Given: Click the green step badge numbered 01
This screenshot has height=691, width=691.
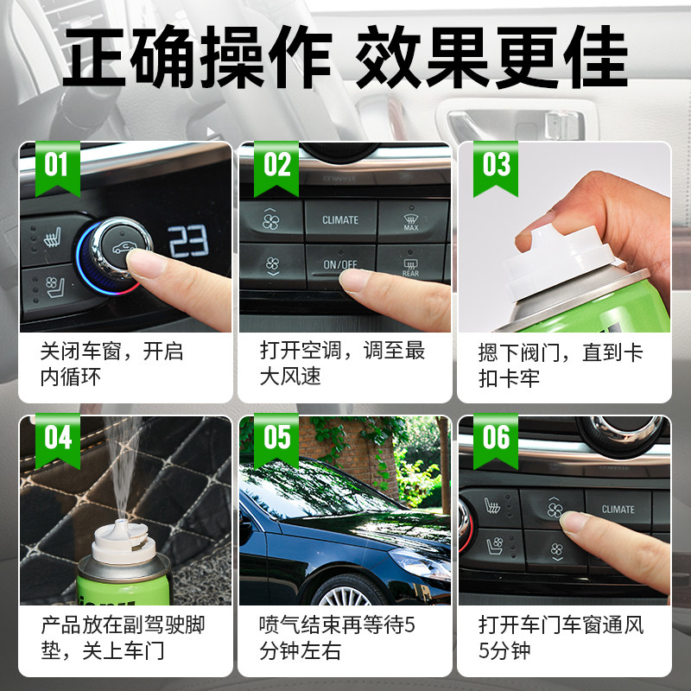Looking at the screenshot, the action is (57, 168).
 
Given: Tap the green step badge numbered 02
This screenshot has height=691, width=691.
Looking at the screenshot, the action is (276, 168).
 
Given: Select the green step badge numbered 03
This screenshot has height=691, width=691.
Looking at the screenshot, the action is (496, 168).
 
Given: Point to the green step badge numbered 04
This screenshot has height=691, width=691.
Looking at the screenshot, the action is (57, 441).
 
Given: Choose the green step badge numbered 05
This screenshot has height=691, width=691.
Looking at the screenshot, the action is (276, 441).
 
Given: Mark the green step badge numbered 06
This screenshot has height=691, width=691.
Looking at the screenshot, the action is (496, 441).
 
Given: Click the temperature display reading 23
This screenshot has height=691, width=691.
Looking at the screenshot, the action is (188, 241).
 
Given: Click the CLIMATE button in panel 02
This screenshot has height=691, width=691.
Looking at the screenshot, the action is (340, 220).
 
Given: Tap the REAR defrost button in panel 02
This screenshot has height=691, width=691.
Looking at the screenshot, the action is (411, 265).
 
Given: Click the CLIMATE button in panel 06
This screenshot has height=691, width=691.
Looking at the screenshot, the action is (618, 510).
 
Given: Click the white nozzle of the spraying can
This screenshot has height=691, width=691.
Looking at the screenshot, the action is (123, 542).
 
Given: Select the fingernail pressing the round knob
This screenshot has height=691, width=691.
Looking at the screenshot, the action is (140, 263).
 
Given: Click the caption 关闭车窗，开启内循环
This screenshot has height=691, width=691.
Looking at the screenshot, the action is (111, 365).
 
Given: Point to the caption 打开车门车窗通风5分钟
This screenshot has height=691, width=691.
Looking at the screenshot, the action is (561, 637).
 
